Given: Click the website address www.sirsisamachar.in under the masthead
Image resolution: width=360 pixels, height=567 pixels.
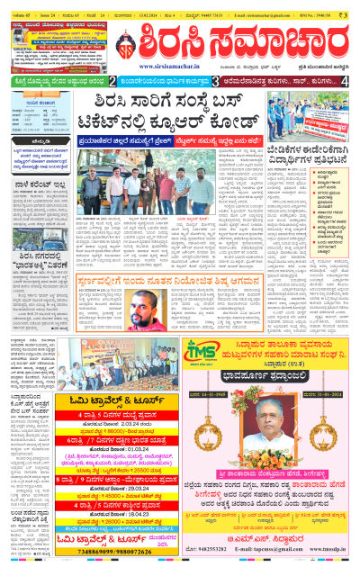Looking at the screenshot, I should coord(170,66).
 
